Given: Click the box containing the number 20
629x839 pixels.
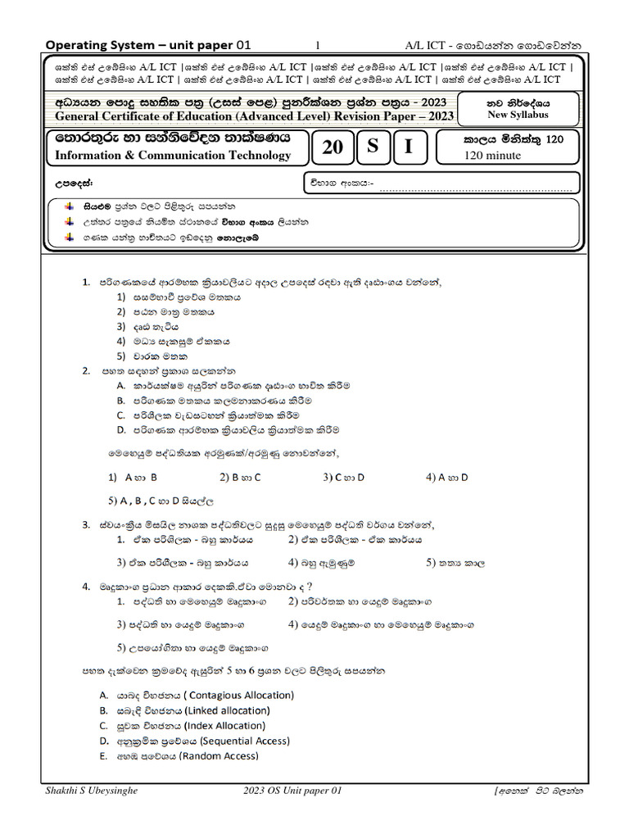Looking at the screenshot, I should point(333,147).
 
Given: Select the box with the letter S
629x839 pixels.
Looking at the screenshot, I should point(373,147).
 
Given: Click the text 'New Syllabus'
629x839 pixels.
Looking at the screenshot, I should point(519,116).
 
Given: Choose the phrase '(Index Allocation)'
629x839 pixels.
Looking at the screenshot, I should point(224,726).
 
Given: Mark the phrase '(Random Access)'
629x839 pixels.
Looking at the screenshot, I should point(218,755).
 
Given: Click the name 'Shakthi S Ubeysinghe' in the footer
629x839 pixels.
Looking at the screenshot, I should point(93,791).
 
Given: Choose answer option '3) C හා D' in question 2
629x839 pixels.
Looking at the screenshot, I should point(343,476).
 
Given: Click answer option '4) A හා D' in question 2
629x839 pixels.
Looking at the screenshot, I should point(447,476).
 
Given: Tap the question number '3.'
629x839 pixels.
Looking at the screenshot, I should point(86,524).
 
